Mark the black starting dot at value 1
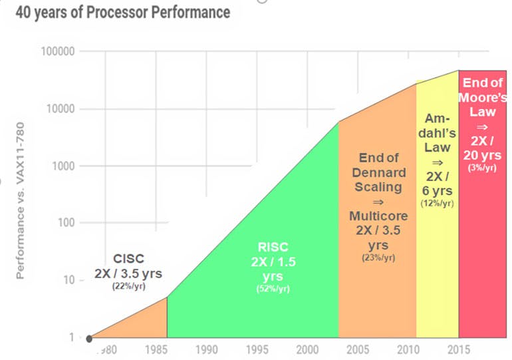tap(89, 338)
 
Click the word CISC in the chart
tap(128, 258)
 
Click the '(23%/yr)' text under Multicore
tap(378, 258)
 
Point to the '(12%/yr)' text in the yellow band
tap(437, 202)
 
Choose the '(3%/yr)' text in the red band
tap(481, 168)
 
